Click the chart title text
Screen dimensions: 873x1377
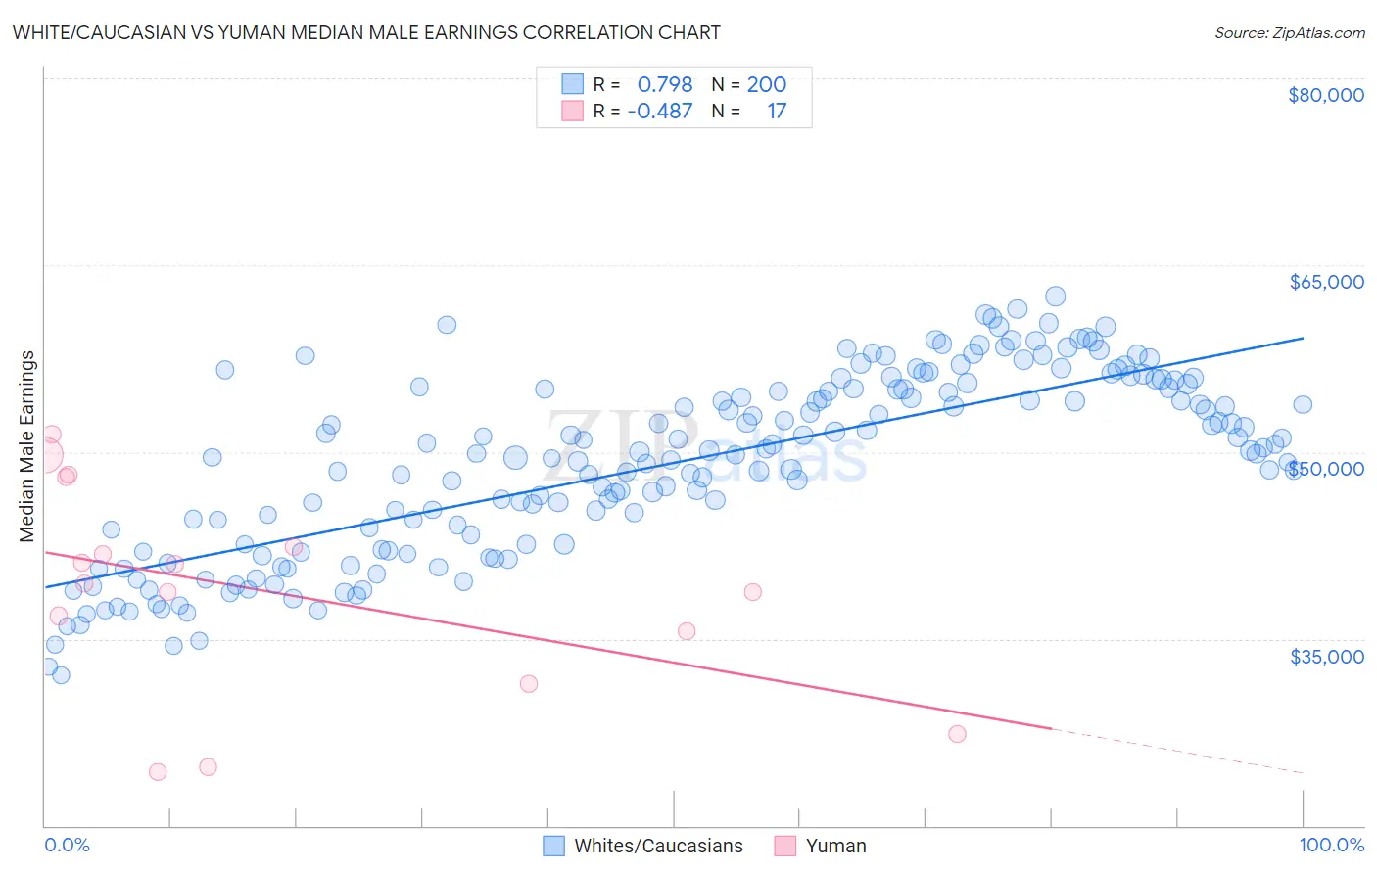[x=366, y=32]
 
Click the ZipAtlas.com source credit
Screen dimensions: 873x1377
[x=1289, y=32]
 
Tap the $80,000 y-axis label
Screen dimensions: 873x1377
[x=1325, y=95]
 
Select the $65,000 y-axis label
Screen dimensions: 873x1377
[x=1326, y=282]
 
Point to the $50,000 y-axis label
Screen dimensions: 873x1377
[x=1326, y=469]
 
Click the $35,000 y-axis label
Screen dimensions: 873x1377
[x=1326, y=656]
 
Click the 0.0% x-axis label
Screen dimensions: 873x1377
[x=67, y=845]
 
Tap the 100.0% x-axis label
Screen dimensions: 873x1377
[x=1331, y=845]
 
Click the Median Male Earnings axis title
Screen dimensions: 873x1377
[x=27, y=445]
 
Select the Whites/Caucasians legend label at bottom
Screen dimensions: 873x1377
[x=658, y=846]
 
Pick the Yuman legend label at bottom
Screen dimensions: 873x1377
[x=835, y=846]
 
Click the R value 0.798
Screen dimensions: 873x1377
[x=665, y=84]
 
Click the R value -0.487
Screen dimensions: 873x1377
[x=660, y=111]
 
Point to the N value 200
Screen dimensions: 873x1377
[x=766, y=84]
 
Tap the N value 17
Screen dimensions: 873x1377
[x=777, y=111]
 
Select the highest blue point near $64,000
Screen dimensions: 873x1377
[x=1055, y=296]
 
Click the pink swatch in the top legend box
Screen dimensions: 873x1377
[x=572, y=111]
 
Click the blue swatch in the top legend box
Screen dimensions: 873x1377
[x=572, y=84]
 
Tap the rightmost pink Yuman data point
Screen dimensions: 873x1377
[x=957, y=734]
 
